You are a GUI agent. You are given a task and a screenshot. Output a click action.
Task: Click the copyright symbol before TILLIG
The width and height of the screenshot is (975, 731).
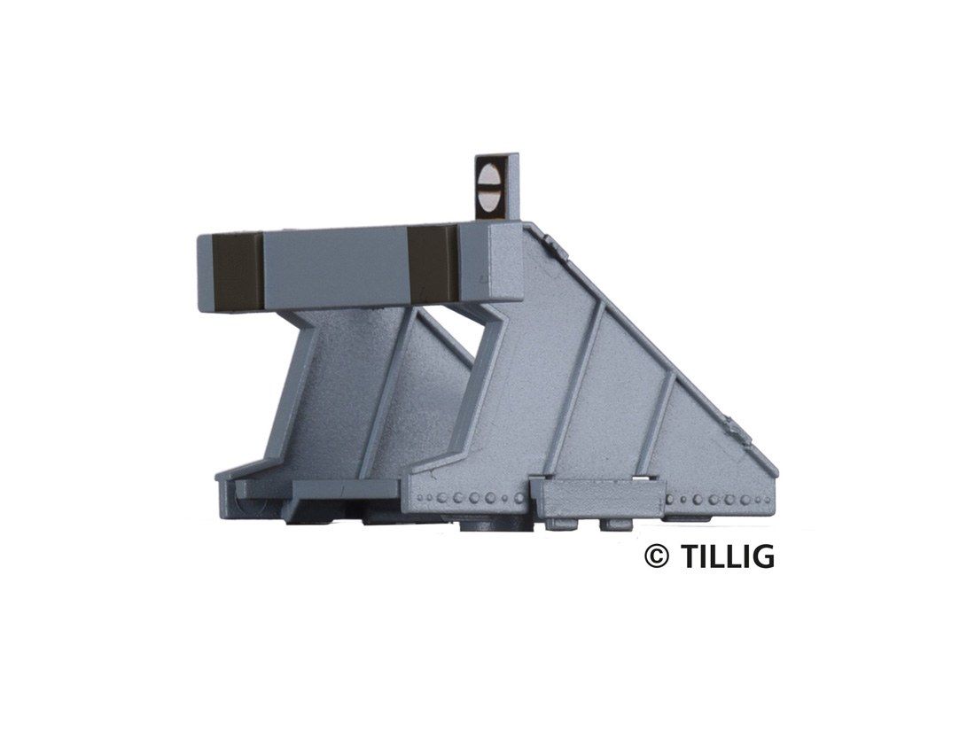coord(657,556)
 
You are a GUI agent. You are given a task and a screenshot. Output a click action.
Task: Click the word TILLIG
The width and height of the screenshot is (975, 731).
coord(728,556)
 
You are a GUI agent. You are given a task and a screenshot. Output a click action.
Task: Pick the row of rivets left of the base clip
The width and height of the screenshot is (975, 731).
coord(471,497)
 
